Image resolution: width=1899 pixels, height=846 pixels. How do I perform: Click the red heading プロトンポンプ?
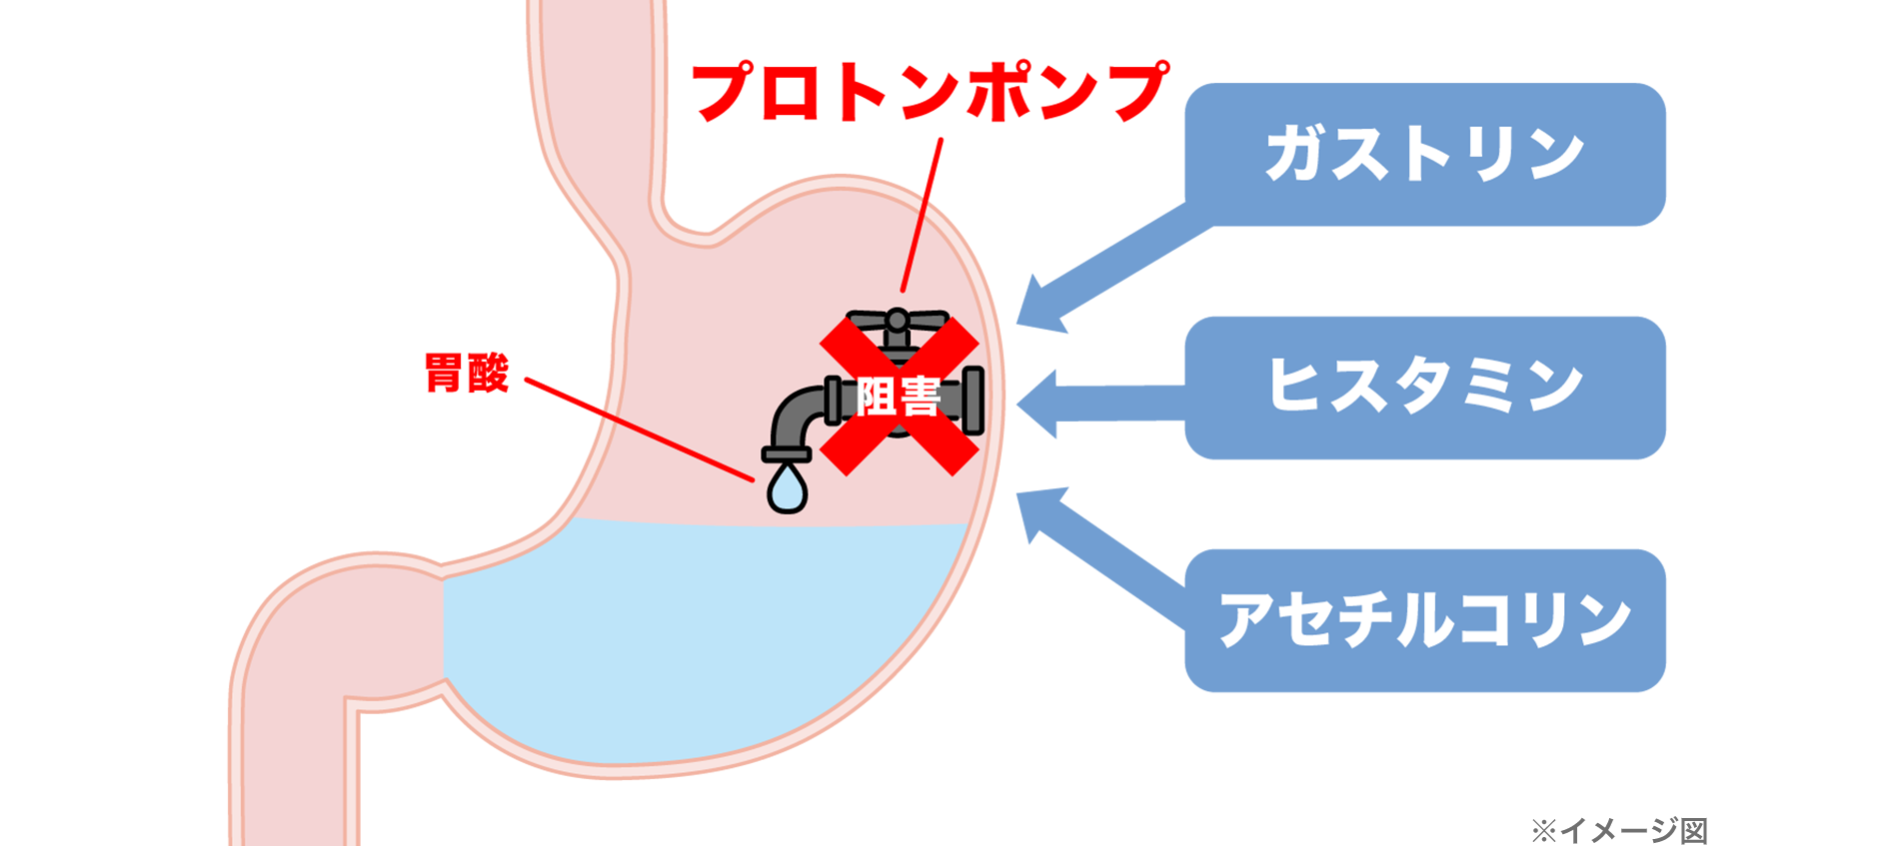point(930,92)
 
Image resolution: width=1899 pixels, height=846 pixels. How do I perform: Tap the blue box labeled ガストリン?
point(1424,154)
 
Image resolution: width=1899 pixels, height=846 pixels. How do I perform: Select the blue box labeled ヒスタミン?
point(1424,388)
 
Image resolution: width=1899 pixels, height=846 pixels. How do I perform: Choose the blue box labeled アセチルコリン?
point(1424,620)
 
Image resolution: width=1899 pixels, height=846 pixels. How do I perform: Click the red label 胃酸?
point(467,374)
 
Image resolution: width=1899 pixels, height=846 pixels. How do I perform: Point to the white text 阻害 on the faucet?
point(899,398)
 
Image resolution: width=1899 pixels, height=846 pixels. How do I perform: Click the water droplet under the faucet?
point(787,488)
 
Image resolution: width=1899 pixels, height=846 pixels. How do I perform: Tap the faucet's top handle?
point(898,322)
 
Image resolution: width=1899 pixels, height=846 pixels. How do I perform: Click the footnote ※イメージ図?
point(1619,830)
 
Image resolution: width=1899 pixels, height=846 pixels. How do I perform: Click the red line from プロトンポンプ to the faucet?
point(922,215)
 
